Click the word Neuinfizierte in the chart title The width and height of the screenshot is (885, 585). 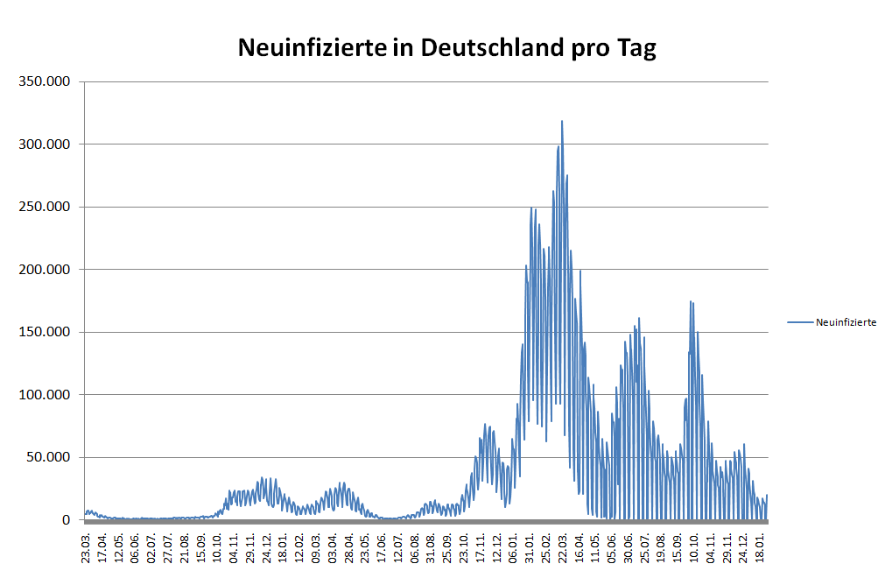click(x=312, y=48)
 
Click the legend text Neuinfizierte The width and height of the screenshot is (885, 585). click(x=846, y=323)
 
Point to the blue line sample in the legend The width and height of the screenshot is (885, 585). click(x=800, y=323)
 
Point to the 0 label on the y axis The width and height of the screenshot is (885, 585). click(x=67, y=520)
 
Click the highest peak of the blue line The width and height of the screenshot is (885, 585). click(x=562, y=122)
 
